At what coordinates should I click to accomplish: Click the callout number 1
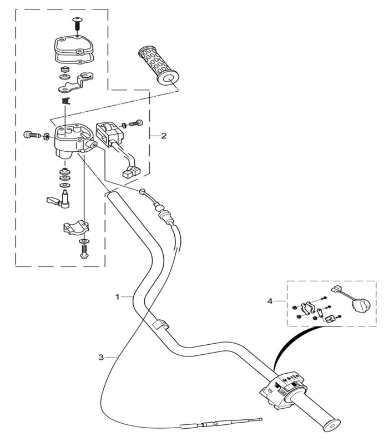[118, 297]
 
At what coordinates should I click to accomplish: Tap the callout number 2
[164, 136]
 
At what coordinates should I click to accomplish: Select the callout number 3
[101, 358]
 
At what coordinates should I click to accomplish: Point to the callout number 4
[270, 301]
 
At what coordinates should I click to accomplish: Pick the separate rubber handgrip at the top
[158, 66]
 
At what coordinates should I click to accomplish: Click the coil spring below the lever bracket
[66, 101]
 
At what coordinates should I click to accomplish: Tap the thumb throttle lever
[58, 200]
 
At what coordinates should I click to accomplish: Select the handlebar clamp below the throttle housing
[76, 227]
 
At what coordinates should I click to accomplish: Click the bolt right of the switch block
[136, 123]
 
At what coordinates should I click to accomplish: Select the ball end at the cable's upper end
[142, 191]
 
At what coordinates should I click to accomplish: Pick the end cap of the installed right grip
[331, 425]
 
